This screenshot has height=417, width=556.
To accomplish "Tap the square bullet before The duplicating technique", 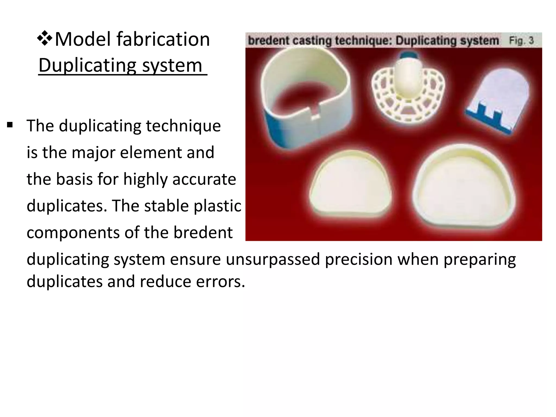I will click(10, 125).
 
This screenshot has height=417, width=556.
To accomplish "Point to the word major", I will click(94, 153).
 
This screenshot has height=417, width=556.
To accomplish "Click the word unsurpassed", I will click(273, 259).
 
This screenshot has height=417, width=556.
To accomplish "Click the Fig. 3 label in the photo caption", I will click(521, 41).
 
